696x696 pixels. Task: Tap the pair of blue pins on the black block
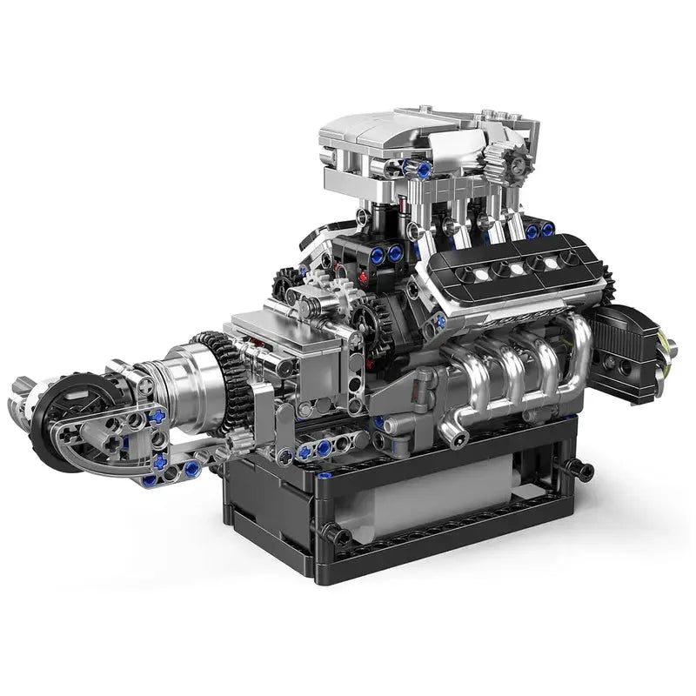pyautogui.click(x=386, y=254)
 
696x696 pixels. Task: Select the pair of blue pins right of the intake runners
pyautogui.click(x=539, y=231)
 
